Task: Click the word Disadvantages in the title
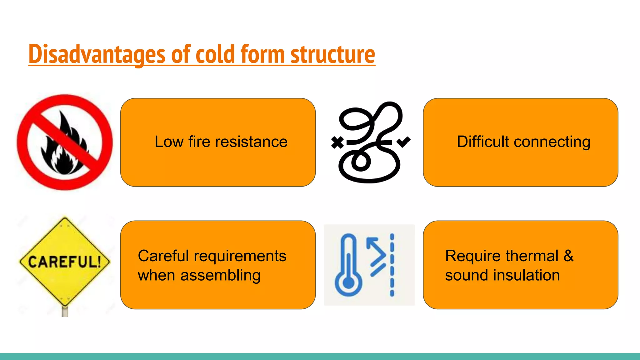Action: pos(96,54)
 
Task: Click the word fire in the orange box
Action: pos(199,142)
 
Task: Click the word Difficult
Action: pos(483,142)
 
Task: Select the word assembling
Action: pos(220,275)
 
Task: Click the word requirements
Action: pos(240,256)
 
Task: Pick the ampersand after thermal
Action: pos(568,256)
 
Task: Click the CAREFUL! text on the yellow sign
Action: pos(65,262)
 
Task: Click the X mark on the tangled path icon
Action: pos(337,142)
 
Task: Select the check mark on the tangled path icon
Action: pos(403,142)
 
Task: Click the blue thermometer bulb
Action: pos(348,283)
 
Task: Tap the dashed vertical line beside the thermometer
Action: pos(392,265)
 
